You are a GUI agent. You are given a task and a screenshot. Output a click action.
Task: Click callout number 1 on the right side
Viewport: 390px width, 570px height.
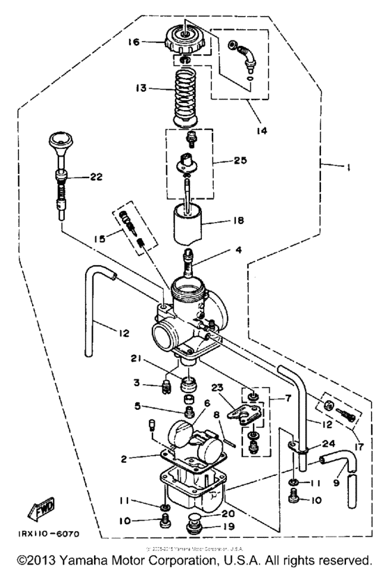click(346, 166)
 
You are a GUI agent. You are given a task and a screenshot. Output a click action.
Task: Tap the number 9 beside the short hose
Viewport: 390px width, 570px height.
click(337, 480)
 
